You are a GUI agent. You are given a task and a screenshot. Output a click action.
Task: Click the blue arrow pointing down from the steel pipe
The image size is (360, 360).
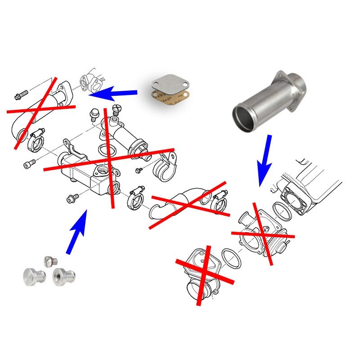pos(265,160)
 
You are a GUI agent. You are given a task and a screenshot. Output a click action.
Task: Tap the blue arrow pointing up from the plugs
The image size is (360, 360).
pos(76,232)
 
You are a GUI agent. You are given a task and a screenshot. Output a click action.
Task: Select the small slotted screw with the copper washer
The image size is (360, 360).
pos(50,261)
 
